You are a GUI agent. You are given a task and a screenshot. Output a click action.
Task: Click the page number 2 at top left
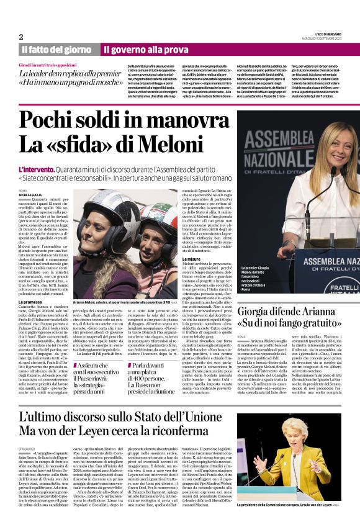tap(20, 37)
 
